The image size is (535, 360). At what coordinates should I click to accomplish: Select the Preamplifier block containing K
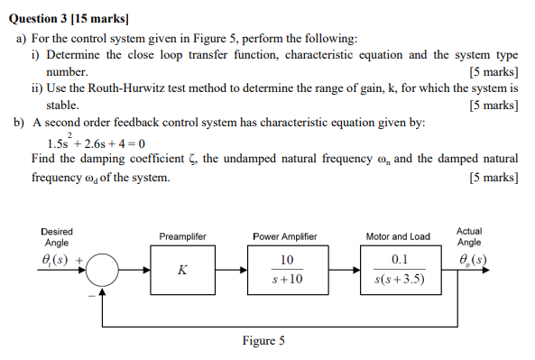click(x=183, y=270)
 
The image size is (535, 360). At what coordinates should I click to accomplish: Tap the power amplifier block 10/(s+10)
click(x=285, y=270)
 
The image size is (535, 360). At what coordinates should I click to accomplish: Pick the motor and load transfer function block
click(x=398, y=270)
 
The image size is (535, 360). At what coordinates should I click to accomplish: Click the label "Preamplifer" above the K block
click(x=183, y=236)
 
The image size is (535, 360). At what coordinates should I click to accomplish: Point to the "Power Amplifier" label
click(x=285, y=236)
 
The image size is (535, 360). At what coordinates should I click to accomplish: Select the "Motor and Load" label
click(x=398, y=236)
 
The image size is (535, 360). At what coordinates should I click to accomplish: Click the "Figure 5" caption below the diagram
click(x=263, y=341)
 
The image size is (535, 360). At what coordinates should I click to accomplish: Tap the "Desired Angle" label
click(x=58, y=237)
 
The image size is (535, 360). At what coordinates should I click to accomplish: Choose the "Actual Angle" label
click(x=469, y=236)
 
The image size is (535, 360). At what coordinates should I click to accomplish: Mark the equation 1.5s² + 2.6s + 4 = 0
click(x=95, y=143)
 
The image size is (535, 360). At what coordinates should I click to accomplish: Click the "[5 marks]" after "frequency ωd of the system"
click(x=493, y=178)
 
